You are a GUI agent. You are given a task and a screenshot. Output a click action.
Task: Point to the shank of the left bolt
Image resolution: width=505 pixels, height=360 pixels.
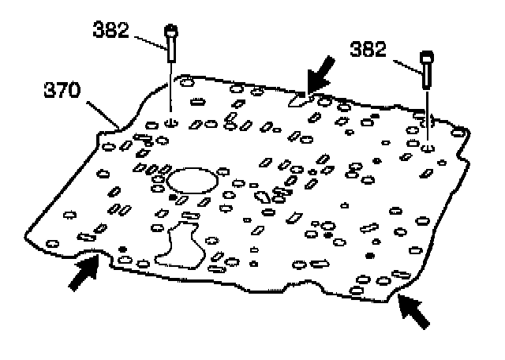click(171, 51)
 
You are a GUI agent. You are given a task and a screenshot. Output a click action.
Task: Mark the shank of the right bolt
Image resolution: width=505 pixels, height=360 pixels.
click(427, 77)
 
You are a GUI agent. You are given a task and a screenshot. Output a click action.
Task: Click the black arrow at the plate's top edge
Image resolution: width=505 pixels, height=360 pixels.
click(320, 80)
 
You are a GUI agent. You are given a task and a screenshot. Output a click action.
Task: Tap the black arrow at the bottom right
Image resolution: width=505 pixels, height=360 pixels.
click(415, 309)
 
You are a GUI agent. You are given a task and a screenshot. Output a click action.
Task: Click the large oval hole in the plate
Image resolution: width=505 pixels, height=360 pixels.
click(192, 181)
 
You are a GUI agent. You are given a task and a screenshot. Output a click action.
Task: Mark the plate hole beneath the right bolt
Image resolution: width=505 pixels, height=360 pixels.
click(427, 148)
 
